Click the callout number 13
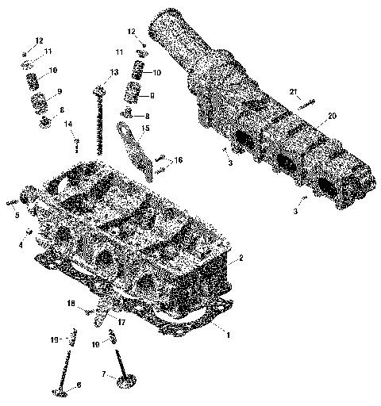tap(114, 72)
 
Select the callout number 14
tap(68, 124)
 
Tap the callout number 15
tap(145, 128)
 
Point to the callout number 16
tap(179, 160)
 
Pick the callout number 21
tap(294, 92)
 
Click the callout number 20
tap(332, 116)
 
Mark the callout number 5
tap(16, 214)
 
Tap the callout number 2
tap(241, 258)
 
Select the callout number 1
tap(229, 334)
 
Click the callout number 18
tap(71, 304)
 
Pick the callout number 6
tap(78, 386)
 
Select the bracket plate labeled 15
tap(135, 147)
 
